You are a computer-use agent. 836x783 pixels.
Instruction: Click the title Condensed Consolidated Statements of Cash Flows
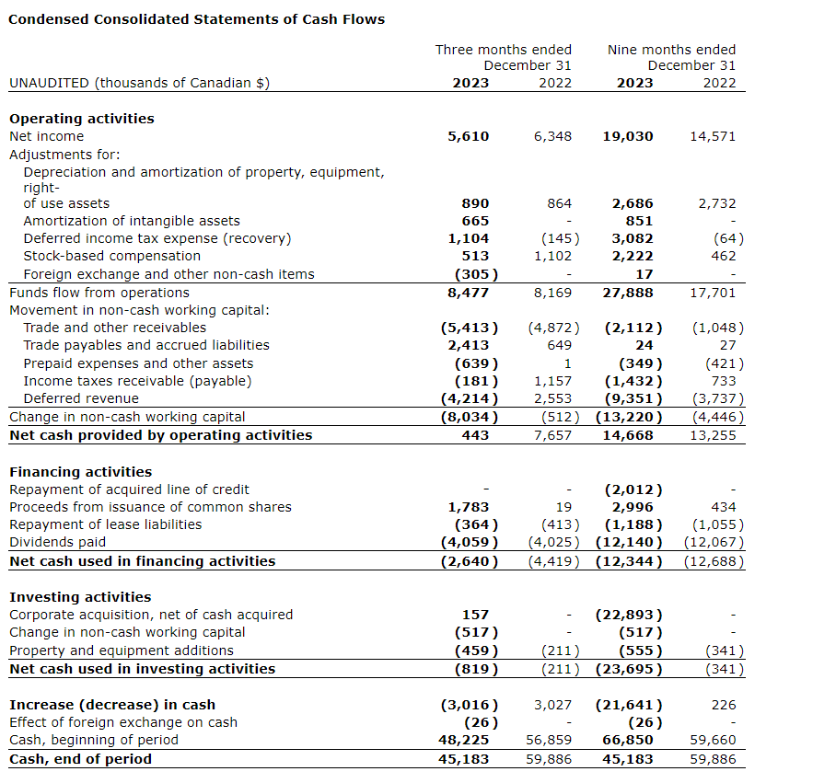pyautogui.click(x=197, y=19)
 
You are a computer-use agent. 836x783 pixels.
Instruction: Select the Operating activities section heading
pyautogui.click(x=82, y=119)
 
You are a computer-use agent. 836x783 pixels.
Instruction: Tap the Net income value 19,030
pyautogui.click(x=628, y=136)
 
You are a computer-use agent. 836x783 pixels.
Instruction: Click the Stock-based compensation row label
pyautogui.click(x=111, y=256)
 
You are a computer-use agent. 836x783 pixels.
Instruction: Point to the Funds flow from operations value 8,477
pyautogui.click(x=469, y=293)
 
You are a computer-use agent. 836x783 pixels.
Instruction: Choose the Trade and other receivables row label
pyautogui.click(x=115, y=328)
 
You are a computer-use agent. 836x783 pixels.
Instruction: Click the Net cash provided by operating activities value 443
pyautogui.click(x=475, y=435)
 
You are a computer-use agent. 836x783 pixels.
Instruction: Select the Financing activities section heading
pyautogui.click(x=80, y=472)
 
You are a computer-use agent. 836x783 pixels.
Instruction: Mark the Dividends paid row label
pyautogui.click(x=57, y=542)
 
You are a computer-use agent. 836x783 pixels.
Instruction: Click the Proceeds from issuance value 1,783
pyautogui.click(x=469, y=507)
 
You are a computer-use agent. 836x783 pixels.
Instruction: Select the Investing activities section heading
pyautogui.click(x=80, y=597)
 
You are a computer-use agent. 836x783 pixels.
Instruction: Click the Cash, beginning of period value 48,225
pyautogui.click(x=465, y=740)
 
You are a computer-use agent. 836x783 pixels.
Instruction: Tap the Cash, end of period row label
pyautogui.click(x=80, y=759)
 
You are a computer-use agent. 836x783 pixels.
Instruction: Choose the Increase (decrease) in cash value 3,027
pyautogui.click(x=552, y=705)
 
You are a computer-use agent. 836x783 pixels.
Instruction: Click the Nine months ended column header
pyautogui.click(x=671, y=50)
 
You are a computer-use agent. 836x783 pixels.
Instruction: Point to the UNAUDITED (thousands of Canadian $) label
pyautogui.click(x=139, y=83)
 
